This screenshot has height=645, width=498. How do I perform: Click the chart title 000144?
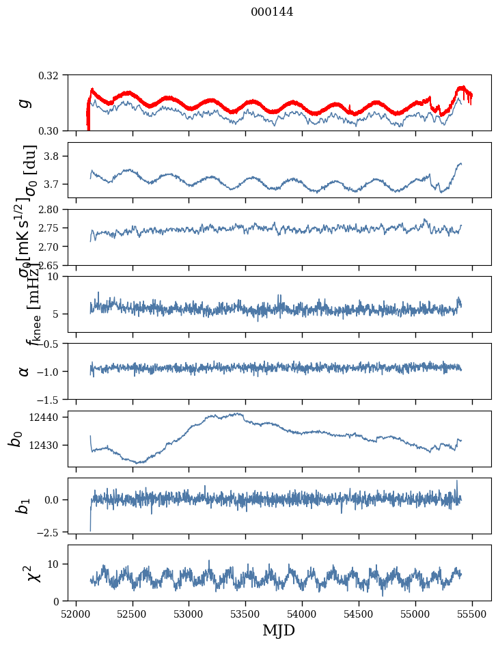coord(272,12)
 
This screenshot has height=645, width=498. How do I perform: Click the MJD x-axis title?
coord(279,630)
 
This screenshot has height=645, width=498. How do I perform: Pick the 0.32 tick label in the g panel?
coord(53,74)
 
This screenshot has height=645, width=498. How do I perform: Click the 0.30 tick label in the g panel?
coord(53,131)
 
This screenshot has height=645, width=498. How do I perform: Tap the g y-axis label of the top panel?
coord(25,102)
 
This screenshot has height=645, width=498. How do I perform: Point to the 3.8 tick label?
coord(57,156)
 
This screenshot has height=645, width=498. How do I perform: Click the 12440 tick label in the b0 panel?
coord(49,417)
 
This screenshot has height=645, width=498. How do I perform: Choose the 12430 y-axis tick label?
coord(49,445)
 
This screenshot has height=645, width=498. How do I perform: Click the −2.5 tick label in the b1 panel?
coord(52,531)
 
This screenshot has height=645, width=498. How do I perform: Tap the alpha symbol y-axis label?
coord(25,371)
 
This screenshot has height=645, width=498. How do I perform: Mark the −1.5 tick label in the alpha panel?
coord(52,399)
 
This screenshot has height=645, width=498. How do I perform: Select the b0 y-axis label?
coord(16,439)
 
